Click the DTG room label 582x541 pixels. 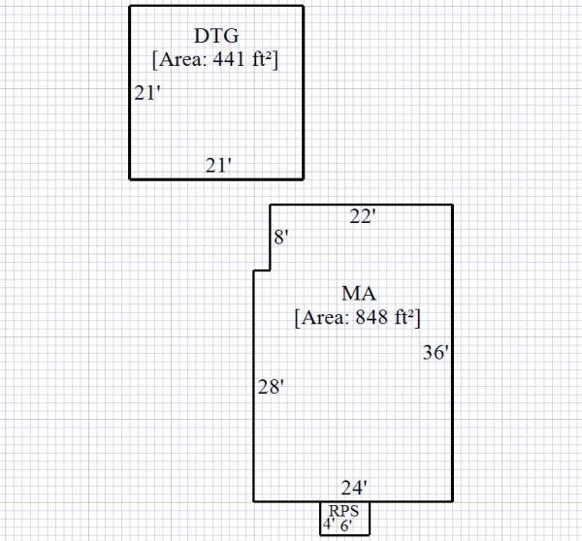(216, 37)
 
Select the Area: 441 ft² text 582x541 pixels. (216, 60)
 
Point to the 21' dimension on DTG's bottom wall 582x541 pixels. (218, 166)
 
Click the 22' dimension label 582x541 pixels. (362, 218)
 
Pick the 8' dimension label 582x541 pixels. (281, 238)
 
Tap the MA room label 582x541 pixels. (359, 293)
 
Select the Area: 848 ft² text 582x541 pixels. (357, 317)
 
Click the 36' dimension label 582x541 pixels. (436, 354)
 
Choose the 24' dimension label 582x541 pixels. (354, 488)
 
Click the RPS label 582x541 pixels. (344, 510)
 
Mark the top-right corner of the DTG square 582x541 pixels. (303, 7)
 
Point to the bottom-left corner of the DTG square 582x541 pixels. (130, 178)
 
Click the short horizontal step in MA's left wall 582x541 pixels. (262, 271)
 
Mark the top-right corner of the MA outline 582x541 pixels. (452, 206)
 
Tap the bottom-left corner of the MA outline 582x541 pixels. (254, 501)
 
